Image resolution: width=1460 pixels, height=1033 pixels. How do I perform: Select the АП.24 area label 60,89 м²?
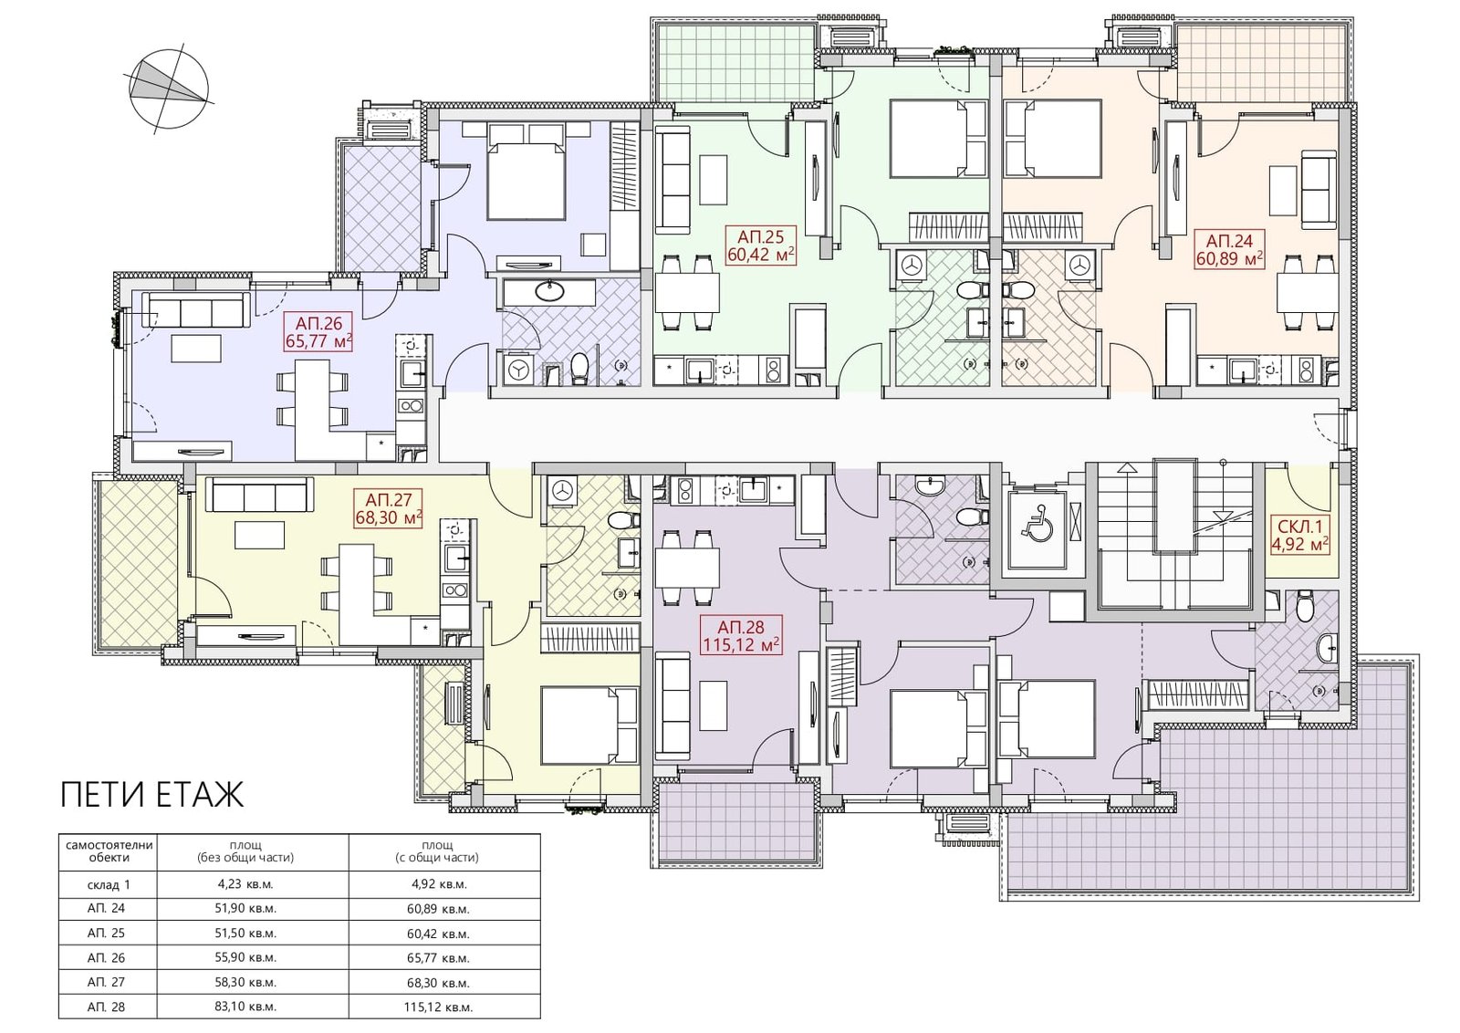point(1229,259)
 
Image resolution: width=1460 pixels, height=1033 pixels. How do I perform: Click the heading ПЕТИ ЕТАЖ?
point(151,795)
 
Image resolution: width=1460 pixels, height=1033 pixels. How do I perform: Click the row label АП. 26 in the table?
point(106,957)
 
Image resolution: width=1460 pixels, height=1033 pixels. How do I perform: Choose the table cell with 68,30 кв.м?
point(438,982)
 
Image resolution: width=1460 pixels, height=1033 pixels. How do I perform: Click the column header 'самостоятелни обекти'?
point(109,851)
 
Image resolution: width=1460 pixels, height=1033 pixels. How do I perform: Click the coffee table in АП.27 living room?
point(260,535)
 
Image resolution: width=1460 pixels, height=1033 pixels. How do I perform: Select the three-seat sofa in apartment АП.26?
point(196,309)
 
